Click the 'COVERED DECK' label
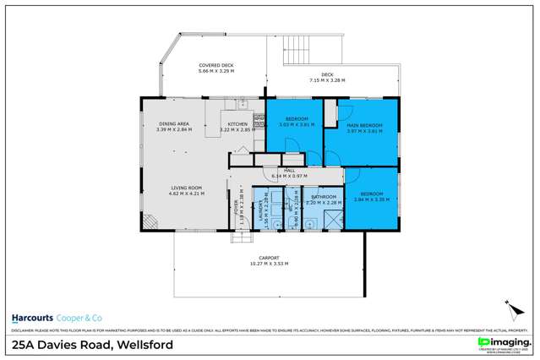(x=215, y=65)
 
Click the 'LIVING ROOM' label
(x=174, y=189)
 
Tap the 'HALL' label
(x=289, y=171)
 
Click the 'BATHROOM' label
(x=322, y=197)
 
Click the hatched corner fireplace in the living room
(x=150, y=222)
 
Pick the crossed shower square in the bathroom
(x=332, y=219)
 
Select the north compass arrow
(x=510, y=305)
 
